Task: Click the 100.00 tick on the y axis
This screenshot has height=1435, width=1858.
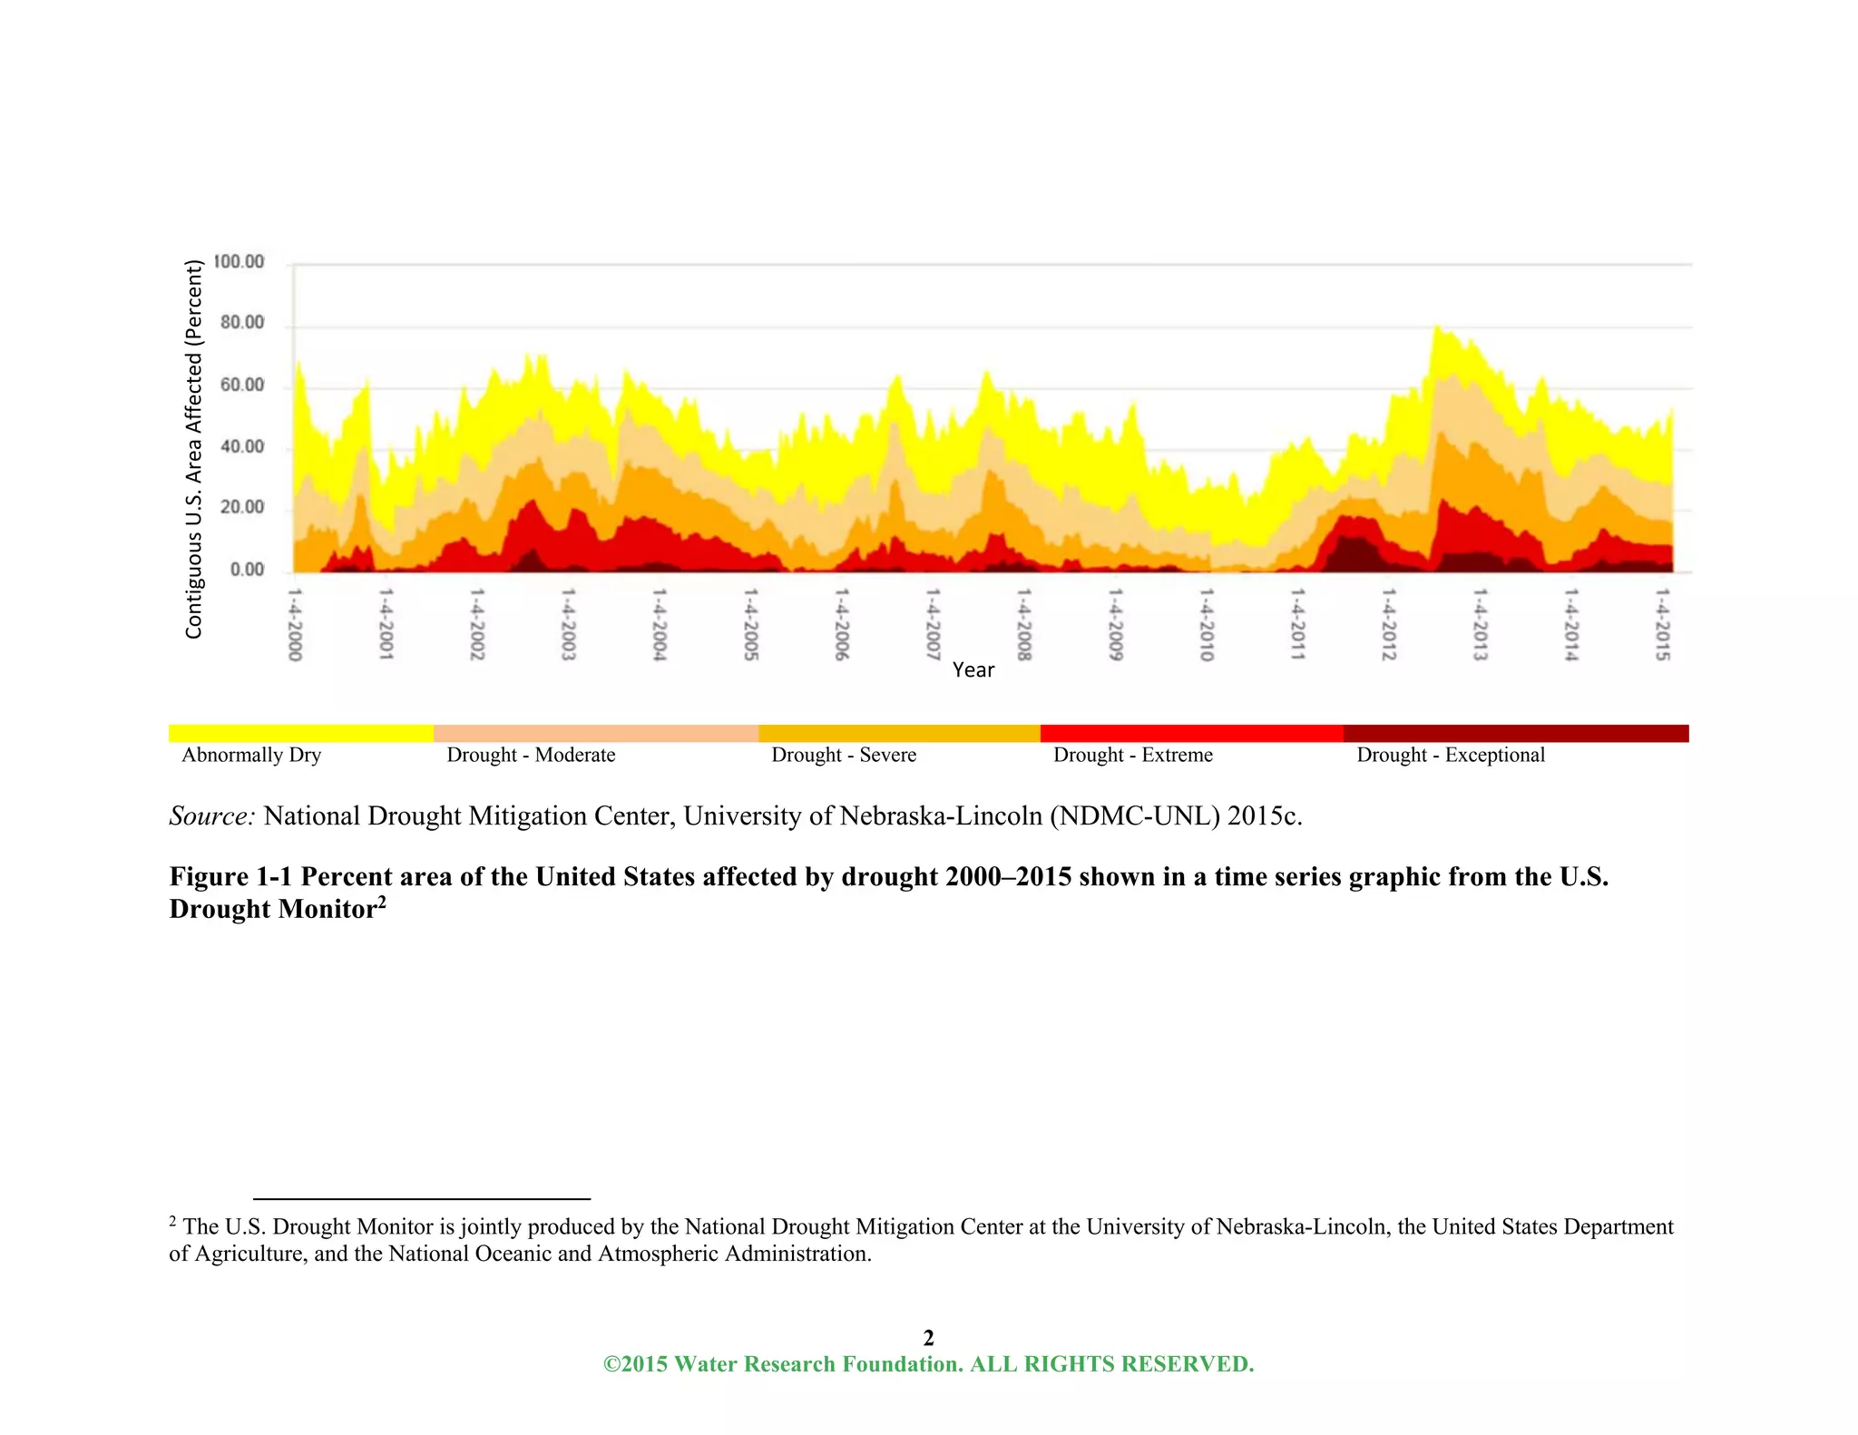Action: point(239,262)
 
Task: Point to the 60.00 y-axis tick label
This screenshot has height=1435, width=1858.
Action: point(241,385)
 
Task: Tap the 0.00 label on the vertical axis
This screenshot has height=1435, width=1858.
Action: point(247,570)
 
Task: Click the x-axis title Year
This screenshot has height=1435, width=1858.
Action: point(973,670)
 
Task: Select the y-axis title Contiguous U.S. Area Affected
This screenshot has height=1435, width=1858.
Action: point(193,449)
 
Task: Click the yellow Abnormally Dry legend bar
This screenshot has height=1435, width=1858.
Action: point(301,733)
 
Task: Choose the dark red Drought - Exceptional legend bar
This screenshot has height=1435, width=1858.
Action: point(1515,733)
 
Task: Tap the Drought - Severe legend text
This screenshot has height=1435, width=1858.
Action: point(844,755)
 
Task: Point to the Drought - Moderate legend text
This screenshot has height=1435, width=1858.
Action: point(531,755)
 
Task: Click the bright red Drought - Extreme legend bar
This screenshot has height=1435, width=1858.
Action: point(1191,733)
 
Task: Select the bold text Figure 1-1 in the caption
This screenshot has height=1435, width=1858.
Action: point(230,876)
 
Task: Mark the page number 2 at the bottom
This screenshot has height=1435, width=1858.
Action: point(928,1337)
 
